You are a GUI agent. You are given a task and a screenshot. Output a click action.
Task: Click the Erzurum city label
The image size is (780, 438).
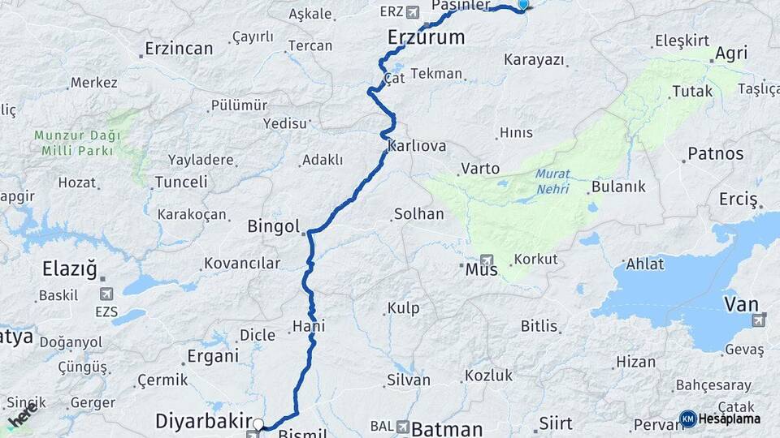point(426,37)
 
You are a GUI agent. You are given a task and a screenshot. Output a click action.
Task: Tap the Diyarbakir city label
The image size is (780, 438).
point(202,422)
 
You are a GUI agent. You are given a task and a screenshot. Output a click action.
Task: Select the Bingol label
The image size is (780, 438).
point(274,226)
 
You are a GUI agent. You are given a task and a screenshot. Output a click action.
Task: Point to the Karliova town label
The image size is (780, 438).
point(417,147)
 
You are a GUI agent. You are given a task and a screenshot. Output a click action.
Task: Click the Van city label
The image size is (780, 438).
point(741,305)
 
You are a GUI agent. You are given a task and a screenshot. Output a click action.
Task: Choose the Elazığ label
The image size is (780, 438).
point(70,268)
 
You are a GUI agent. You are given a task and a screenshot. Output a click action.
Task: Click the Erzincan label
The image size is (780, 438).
point(179,49)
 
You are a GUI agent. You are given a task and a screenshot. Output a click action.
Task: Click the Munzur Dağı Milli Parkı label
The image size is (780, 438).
point(76,143)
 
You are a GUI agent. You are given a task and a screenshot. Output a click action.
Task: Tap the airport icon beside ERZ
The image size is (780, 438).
point(412,12)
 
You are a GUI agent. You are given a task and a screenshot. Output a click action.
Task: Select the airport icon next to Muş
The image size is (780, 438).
point(487,261)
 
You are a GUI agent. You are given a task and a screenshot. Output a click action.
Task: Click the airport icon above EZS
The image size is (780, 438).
point(106,293)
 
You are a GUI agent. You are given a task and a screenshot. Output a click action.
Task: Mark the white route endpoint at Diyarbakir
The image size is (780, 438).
point(258,424)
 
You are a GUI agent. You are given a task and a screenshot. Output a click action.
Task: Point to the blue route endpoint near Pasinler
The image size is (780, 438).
point(522,4)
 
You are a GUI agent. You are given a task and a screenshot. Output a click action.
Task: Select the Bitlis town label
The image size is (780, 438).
point(539,326)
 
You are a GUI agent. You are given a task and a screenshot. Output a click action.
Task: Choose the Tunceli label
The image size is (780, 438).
point(180,182)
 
